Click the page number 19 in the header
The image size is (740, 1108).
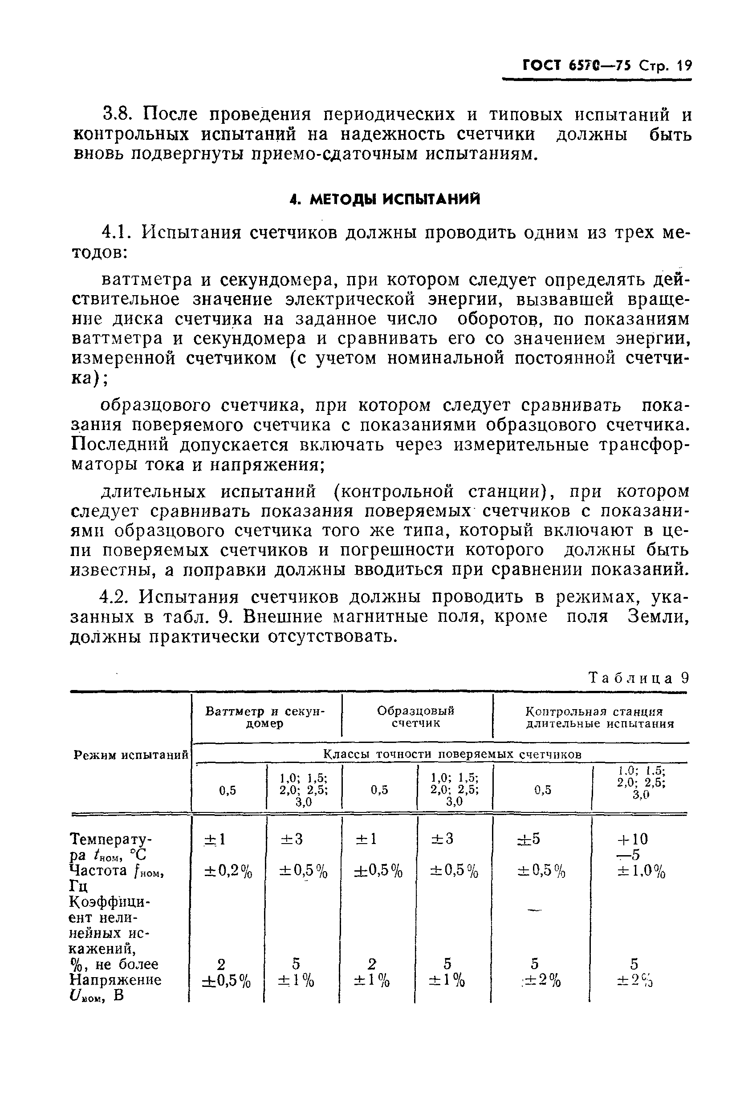(x=682, y=65)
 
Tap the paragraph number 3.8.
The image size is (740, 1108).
(x=118, y=115)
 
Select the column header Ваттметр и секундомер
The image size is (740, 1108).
(x=265, y=717)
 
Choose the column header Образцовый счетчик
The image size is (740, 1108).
(x=416, y=717)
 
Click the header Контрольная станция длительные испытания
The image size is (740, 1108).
(x=599, y=717)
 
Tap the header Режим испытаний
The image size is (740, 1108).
(x=131, y=755)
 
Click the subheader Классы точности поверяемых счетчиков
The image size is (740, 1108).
(x=452, y=755)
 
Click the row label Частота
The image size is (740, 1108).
(x=98, y=870)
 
